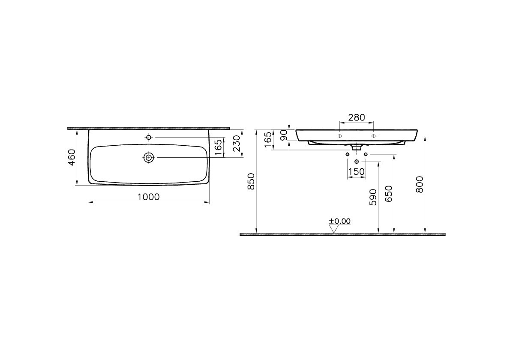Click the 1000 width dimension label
(x=149, y=197)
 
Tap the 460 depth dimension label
(x=72, y=157)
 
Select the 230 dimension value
(x=237, y=143)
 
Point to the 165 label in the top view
(x=219, y=147)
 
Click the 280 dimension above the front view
(x=357, y=117)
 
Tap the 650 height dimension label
(x=389, y=194)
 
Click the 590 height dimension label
(x=373, y=197)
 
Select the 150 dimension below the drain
(x=357, y=171)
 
